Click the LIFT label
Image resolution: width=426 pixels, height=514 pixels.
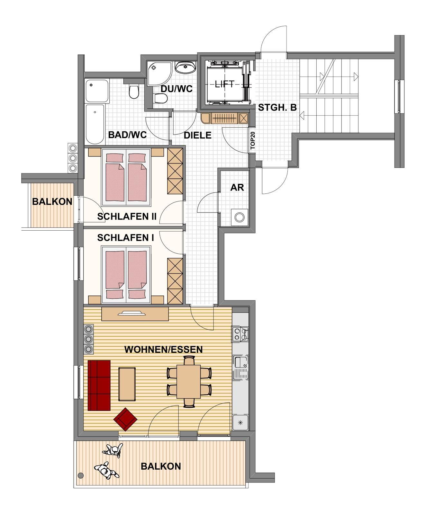(x=225, y=84)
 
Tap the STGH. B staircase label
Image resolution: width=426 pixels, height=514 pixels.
(x=277, y=107)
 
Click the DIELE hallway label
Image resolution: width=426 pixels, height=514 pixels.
(x=197, y=135)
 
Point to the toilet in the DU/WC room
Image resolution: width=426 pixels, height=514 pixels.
(x=160, y=99)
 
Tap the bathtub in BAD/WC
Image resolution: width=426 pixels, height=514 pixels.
(x=95, y=124)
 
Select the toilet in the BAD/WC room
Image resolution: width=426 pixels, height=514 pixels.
(x=133, y=92)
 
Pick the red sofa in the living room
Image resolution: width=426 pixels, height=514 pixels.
(x=99, y=385)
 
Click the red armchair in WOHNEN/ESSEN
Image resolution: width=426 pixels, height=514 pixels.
(x=125, y=419)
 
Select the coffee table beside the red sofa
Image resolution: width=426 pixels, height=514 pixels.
(x=127, y=384)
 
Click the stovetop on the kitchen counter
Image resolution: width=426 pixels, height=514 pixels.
(x=240, y=333)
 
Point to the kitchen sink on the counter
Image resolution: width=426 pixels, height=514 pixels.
(x=240, y=367)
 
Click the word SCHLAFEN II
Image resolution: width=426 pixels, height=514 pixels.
(x=127, y=217)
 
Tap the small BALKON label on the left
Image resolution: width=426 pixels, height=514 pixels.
(x=52, y=202)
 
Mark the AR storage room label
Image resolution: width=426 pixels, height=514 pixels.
(x=237, y=187)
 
